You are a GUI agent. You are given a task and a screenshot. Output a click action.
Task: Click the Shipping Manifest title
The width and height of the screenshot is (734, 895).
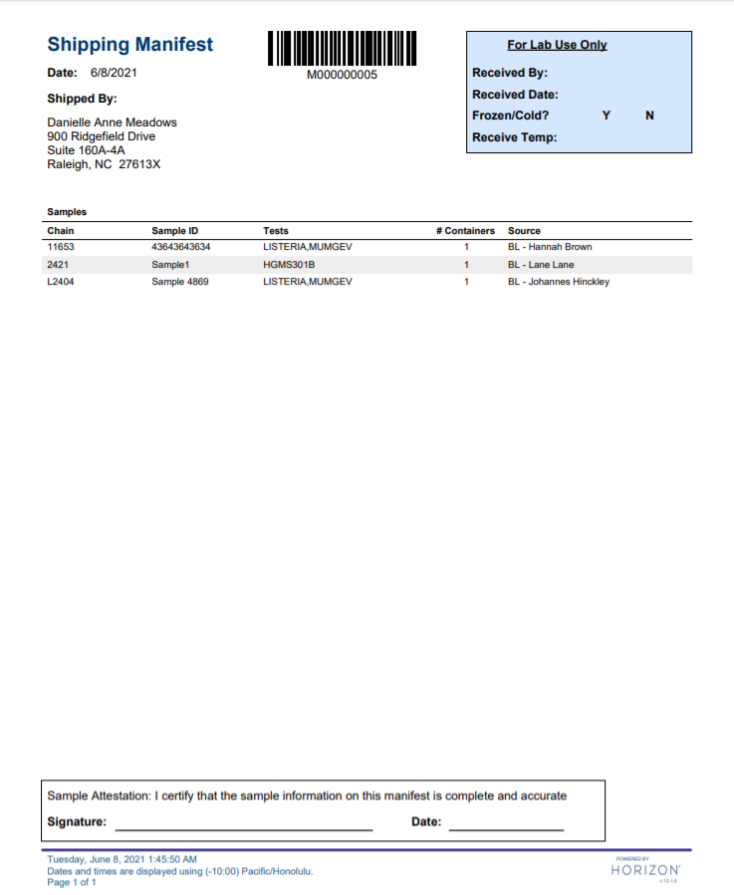coord(129,45)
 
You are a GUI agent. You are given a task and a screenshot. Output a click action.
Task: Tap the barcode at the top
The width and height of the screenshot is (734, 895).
coord(342,48)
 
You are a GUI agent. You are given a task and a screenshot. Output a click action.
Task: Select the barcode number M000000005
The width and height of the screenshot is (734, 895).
coord(342,76)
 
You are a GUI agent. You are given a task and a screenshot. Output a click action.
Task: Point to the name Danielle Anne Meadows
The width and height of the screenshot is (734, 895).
coord(112,122)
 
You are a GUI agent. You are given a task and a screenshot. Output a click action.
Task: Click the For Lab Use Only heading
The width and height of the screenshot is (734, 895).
coord(557,45)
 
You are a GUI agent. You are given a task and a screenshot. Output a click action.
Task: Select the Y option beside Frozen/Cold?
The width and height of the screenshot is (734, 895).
coord(606,115)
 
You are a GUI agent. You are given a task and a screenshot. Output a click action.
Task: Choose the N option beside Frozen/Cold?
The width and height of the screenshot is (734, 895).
coord(649,115)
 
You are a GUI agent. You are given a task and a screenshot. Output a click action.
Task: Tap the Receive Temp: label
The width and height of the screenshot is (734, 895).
coord(514,137)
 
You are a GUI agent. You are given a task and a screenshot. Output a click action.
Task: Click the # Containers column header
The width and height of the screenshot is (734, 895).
coord(465,231)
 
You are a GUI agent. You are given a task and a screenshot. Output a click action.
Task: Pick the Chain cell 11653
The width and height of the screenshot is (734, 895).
coord(62,247)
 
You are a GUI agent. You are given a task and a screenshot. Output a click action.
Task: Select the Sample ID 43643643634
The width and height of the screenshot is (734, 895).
coord(180,247)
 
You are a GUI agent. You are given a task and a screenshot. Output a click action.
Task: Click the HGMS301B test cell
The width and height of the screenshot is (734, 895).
coord(289,265)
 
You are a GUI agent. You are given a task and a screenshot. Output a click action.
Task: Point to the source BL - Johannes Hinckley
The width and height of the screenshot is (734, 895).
coord(558,282)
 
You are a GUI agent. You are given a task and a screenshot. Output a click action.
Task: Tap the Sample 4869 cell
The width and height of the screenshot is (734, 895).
coord(179,282)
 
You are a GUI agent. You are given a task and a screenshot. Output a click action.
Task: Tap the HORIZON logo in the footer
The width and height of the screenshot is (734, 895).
coord(645,870)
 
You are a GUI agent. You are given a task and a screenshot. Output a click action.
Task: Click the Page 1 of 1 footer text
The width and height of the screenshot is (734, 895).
coord(72,882)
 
